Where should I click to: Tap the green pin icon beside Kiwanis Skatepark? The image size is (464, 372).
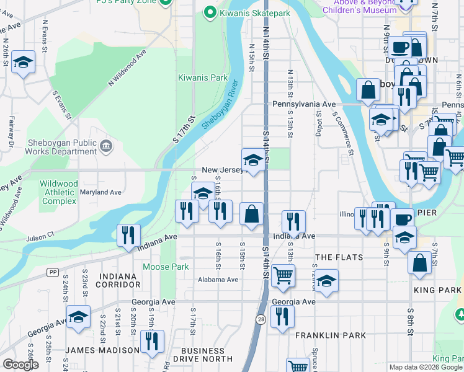210,12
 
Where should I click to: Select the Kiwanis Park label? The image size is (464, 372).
203,77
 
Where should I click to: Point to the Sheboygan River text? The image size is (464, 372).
220,105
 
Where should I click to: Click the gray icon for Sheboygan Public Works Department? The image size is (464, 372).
105,147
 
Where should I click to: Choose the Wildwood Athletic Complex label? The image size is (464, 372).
59,192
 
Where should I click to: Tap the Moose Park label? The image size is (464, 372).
165,267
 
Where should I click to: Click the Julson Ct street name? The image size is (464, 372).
40,236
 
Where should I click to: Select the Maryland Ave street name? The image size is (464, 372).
100,192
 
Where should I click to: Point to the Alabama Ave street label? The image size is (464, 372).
218,280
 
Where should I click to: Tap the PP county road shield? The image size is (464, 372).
53,272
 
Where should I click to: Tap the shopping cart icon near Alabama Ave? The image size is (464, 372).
283,275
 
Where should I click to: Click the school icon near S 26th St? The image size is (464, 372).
23,62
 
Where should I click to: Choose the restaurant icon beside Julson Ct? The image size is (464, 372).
128,235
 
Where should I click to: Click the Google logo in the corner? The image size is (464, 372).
20,365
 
